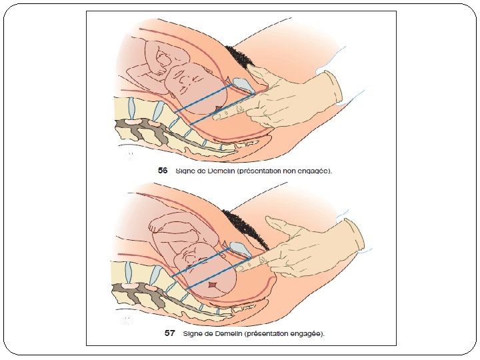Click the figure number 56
(x=162, y=171)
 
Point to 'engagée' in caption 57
(x=305, y=333)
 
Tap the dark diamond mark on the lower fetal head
(x=213, y=286)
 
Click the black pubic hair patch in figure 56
(x=240, y=56)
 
